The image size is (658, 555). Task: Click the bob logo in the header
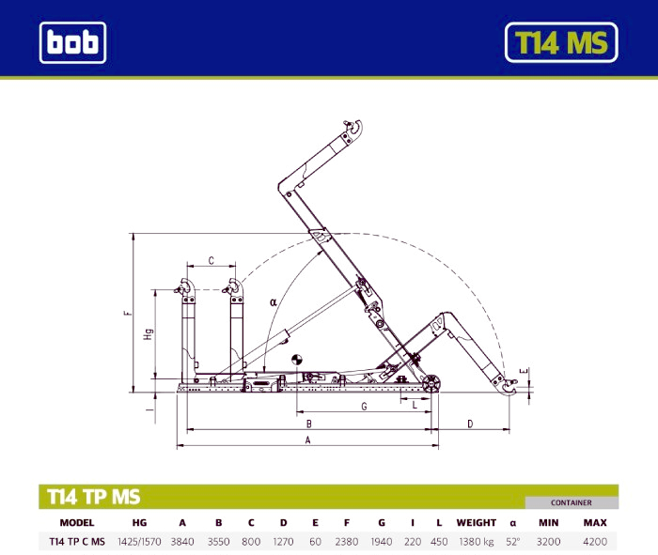point(72,42)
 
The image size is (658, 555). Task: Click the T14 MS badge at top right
point(561,42)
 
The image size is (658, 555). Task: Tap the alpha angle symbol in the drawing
point(274,301)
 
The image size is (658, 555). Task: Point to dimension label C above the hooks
point(211,260)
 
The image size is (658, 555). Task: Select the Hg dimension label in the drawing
point(149,334)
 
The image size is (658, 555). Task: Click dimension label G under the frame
point(364,407)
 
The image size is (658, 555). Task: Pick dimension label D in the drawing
point(470,424)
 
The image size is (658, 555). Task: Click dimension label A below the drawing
point(307,440)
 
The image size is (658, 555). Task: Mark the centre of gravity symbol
point(297,360)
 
